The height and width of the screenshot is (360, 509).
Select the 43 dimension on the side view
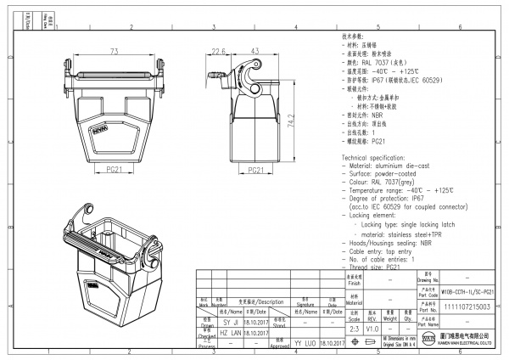pyautogui.click(x=254, y=52)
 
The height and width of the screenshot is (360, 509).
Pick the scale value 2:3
pyautogui.click(x=355, y=327)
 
